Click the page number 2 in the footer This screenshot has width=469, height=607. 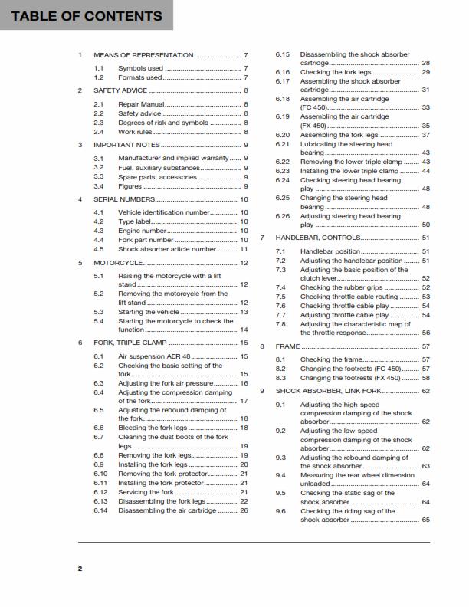click(x=80, y=569)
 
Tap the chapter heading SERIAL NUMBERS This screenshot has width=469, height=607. click(x=123, y=199)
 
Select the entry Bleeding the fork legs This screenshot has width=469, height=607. click(x=153, y=428)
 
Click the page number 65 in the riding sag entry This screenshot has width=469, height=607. click(x=426, y=520)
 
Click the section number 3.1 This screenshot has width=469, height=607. click(x=98, y=158)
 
